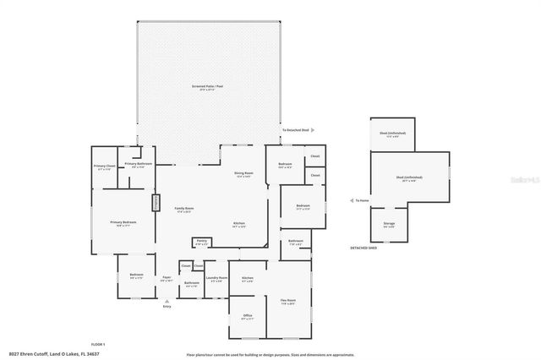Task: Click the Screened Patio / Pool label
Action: point(209,87)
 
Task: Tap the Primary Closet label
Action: point(104,166)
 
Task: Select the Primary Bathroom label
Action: point(138,164)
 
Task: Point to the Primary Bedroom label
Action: point(123,223)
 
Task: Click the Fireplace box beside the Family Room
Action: point(156,203)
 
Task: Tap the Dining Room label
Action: point(244,174)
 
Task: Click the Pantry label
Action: point(201,242)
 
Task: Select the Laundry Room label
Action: point(215,279)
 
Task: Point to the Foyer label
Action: point(167,278)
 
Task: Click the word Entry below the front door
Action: point(167,306)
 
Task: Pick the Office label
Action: point(248,317)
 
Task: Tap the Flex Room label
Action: point(288,302)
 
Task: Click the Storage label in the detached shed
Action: point(389,225)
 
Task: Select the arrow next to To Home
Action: point(351,201)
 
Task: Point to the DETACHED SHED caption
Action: point(363,248)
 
